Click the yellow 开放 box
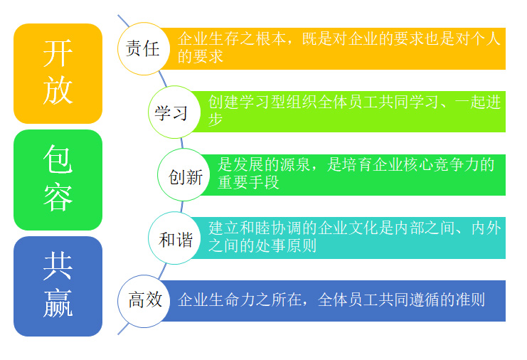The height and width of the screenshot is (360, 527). coord(58,73)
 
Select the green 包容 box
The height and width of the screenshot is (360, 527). coord(58,179)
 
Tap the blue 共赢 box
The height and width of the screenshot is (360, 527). coord(58,286)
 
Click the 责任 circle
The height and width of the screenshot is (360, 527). coord(142,49)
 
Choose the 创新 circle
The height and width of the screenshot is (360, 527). coord(184,176)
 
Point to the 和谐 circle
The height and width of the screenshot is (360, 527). coord(175,238)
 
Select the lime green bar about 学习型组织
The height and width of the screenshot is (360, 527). coord(356,112)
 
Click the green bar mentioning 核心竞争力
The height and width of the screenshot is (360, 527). coord(356,175)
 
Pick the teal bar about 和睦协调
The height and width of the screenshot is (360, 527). coord(356,238)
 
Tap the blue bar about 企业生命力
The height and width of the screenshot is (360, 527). coord(334,300)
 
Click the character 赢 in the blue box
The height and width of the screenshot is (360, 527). coord(58,303)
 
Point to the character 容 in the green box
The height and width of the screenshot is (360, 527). coord(58,197)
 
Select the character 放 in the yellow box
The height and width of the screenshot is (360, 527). coord(58,91)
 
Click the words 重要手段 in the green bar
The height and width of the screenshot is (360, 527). coord(248,183)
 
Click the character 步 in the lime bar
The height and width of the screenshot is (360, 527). coord(215,120)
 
